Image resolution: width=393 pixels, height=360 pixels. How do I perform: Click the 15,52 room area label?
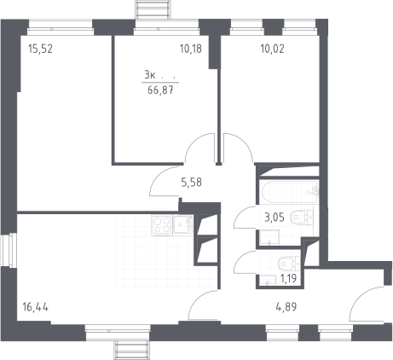coord(41,49)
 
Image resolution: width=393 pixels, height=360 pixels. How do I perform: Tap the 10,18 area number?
coord(191,49)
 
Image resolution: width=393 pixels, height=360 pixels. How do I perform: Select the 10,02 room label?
coord(272,49)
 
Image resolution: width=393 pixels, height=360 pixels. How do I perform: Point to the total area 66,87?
coord(160,90)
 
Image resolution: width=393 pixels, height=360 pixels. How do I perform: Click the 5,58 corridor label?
coord(192,183)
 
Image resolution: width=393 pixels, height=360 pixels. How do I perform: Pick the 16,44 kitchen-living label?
coord(35,307)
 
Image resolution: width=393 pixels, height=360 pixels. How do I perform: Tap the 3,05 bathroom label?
coord(275,218)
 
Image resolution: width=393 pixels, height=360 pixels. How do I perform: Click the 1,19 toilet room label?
coord(288,278)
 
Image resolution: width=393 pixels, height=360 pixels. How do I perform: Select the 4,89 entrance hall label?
coord(286,307)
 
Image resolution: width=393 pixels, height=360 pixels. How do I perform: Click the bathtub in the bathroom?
coord(290,192)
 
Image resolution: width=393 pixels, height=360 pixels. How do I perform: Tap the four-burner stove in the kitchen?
coord(162,225)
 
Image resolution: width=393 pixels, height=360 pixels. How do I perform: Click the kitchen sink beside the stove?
coord(183,224)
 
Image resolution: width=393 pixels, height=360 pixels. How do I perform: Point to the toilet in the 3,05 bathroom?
coord(302,218)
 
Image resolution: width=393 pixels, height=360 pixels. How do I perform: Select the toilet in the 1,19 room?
coord(289,263)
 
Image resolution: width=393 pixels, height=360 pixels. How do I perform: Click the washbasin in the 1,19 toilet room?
coord(268,280)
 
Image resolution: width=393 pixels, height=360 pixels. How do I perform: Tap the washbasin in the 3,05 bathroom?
coord(269,237)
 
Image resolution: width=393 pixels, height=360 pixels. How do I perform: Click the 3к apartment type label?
coord(149,75)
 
